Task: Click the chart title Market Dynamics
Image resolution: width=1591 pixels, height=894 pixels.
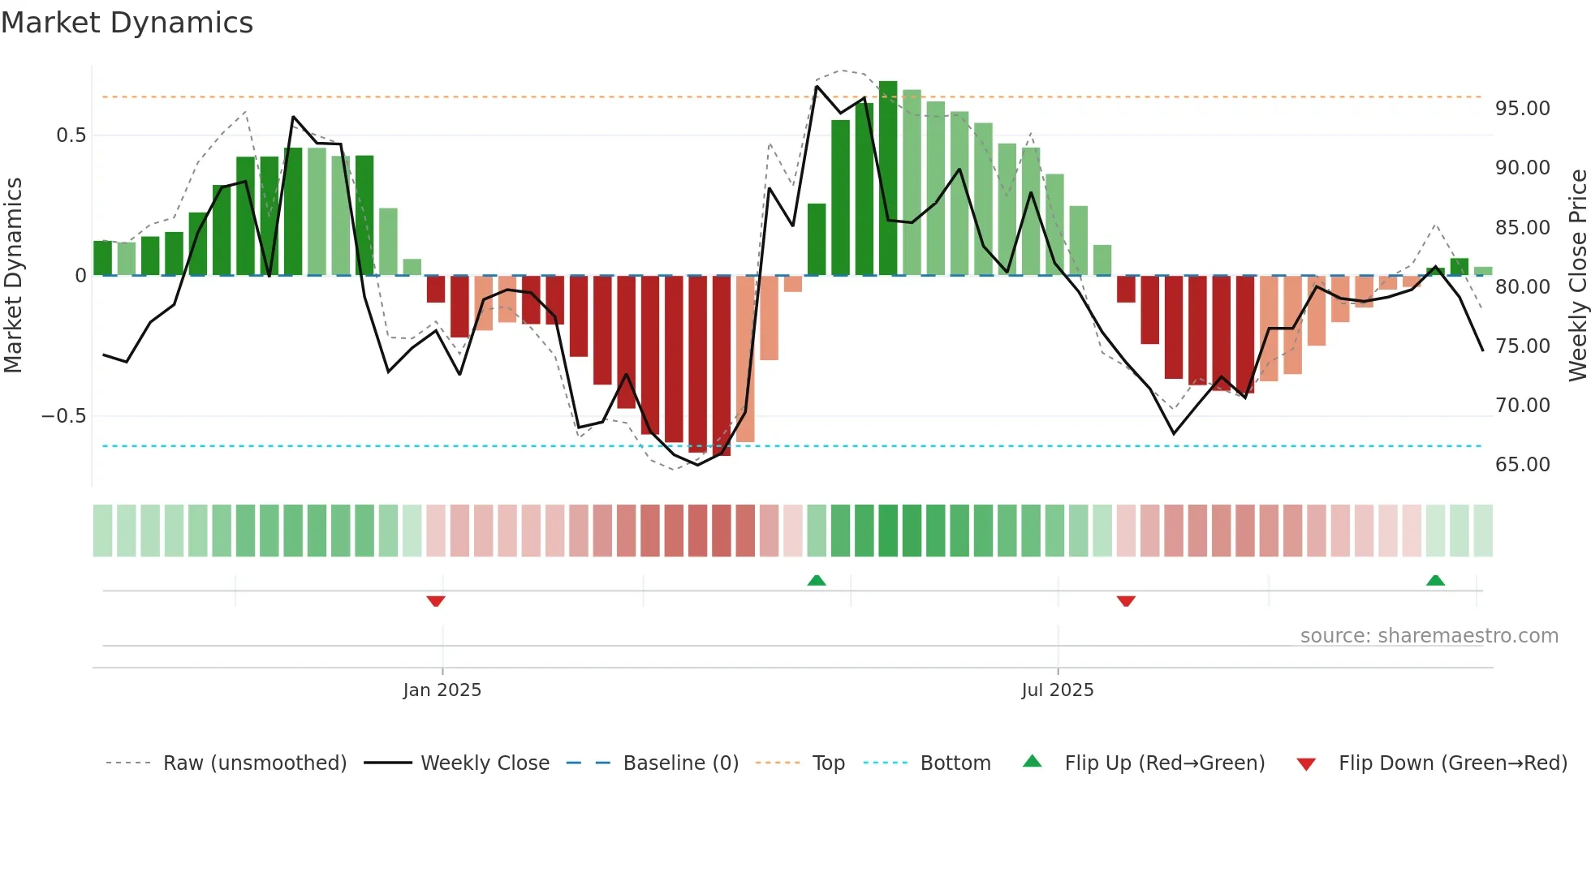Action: pyautogui.click(x=127, y=23)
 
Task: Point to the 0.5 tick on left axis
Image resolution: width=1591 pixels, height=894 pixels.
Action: pyautogui.click(x=71, y=135)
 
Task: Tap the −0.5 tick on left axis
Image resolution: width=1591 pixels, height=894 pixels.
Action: pyautogui.click(x=64, y=416)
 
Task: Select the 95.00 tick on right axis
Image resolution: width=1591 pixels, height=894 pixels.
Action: pyautogui.click(x=1522, y=109)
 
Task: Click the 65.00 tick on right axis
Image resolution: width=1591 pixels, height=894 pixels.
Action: pyautogui.click(x=1522, y=465)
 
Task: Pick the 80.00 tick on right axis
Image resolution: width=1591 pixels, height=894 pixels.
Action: pyautogui.click(x=1522, y=286)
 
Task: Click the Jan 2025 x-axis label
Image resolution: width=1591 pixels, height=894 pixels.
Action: pyautogui.click(x=442, y=690)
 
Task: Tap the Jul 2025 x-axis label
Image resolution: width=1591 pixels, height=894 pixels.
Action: pyautogui.click(x=1057, y=690)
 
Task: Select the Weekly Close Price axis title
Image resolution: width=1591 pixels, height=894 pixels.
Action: pyautogui.click(x=1577, y=275)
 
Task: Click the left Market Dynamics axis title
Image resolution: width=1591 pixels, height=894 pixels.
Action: pyautogui.click(x=13, y=275)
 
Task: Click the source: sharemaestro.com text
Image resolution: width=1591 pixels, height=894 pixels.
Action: pyautogui.click(x=1429, y=636)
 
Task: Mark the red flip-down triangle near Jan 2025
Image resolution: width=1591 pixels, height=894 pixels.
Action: pyautogui.click(x=436, y=601)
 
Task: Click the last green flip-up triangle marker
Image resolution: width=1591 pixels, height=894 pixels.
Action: pyautogui.click(x=1435, y=580)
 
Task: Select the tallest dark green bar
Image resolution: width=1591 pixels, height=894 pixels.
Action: pyautogui.click(x=888, y=178)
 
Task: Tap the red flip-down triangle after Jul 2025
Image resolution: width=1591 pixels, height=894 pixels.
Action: pyautogui.click(x=1126, y=601)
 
